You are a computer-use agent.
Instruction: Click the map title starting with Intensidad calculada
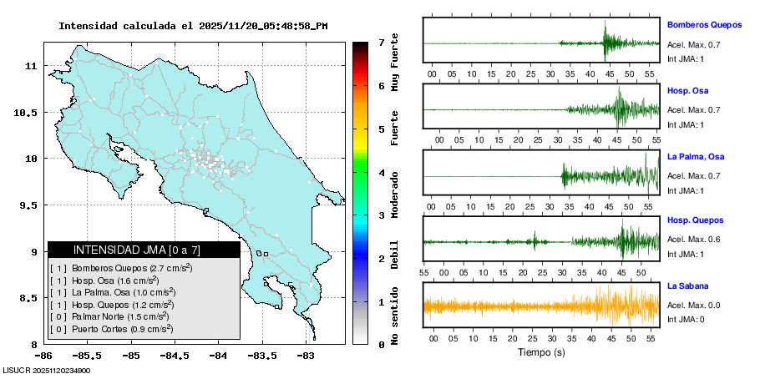click(x=192, y=26)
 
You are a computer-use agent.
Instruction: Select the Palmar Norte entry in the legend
click(x=112, y=316)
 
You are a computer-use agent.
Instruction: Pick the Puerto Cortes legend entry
click(x=112, y=329)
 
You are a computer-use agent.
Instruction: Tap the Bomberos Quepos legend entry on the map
click(x=121, y=268)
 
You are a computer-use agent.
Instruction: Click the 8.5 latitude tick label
click(x=29, y=298)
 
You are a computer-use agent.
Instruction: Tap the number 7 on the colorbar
click(x=381, y=42)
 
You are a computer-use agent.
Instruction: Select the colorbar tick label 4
click(x=381, y=172)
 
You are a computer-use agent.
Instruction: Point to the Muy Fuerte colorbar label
click(x=394, y=65)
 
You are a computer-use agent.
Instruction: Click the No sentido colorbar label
click(x=394, y=319)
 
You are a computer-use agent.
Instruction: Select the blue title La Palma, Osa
click(x=696, y=156)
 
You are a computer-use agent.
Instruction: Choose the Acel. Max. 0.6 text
click(x=693, y=240)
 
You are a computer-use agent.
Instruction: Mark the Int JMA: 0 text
click(x=686, y=319)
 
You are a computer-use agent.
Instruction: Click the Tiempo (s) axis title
click(x=540, y=353)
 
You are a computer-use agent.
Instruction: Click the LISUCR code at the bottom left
click(x=46, y=371)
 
